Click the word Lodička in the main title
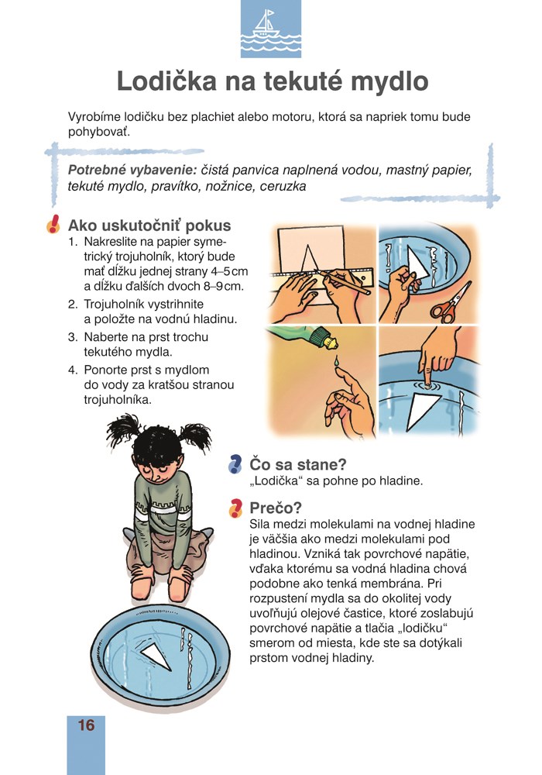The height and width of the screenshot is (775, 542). tap(166, 81)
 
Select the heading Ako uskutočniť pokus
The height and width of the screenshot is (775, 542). tap(149, 226)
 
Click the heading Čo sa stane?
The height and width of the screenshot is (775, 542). tap(297, 464)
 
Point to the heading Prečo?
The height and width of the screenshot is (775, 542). tap(276, 508)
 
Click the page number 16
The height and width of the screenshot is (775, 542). tap(86, 725)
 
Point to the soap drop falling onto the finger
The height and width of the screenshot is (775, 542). tap(336, 361)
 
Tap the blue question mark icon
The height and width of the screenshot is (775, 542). tap(235, 464)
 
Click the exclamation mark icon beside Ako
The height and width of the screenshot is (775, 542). tap(53, 225)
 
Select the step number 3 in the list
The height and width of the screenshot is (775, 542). tap(72, 337)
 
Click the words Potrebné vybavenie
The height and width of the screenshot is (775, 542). tap(132, 170)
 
